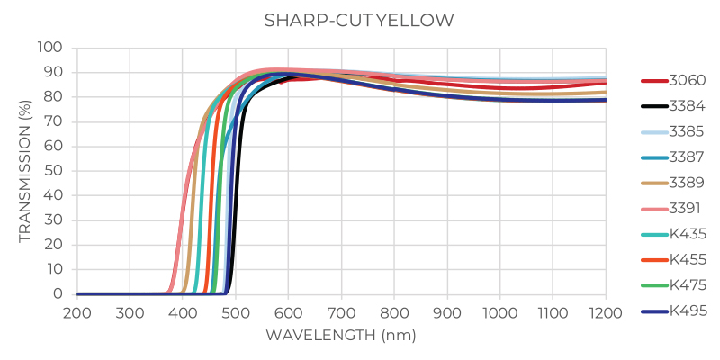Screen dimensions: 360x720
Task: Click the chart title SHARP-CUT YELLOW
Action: tap(359, 21)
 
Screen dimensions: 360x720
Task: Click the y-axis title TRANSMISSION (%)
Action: tap(24, 170)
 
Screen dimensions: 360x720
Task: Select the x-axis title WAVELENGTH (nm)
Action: tap(341, 335)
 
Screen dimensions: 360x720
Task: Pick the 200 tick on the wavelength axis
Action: tap(77, 312)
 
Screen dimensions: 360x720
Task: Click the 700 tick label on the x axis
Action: tap(341, 312)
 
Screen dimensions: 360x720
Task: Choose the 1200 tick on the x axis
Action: tap(606, 312)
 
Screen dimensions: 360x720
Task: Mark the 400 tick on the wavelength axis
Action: tap(183, 312)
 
